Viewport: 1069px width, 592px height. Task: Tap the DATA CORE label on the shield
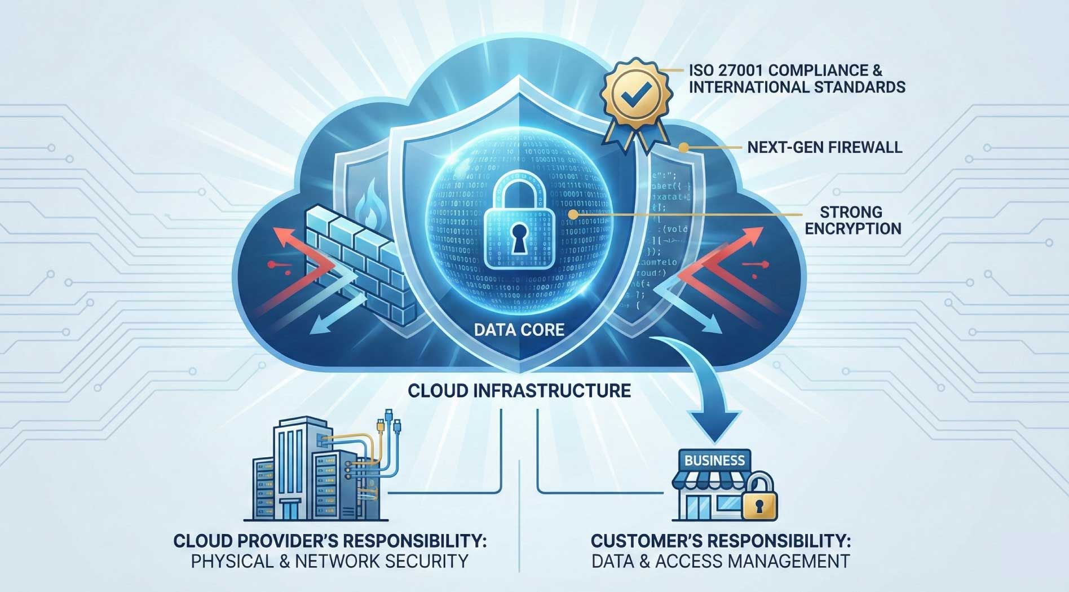(x=519, y=329)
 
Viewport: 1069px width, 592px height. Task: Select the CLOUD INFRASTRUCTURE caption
(x=519, y=390)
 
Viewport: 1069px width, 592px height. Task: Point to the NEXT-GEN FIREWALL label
(x=824, y=148)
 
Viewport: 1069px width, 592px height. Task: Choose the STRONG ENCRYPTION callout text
(x=852, y=220)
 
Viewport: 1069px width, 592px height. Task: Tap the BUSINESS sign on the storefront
(x=714, y=460)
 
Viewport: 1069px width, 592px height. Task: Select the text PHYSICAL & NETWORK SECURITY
(x=329, y=562)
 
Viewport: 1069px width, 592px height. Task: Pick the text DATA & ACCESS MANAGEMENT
(x=721, y=562)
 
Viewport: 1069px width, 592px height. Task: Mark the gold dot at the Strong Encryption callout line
(x=572, y=215)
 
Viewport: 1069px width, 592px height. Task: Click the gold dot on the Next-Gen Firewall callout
(x=683, y=148)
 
